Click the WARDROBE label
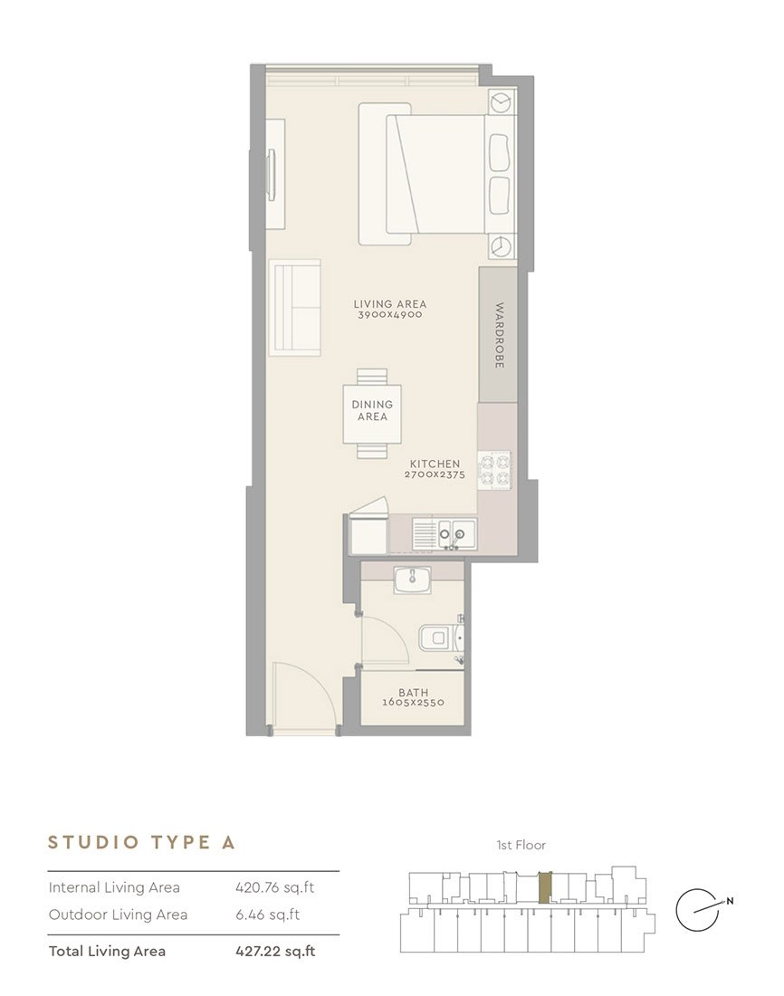point(500,335)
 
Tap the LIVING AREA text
point(390,304)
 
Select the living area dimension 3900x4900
point(390,314)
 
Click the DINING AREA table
point(372,414)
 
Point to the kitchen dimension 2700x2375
point(435,474)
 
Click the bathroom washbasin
point(412,580)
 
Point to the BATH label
point(414,693)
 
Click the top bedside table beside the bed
point(502,101)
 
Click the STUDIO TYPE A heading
point(141,842)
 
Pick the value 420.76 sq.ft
point(275,887)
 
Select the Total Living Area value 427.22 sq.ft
point(275,951)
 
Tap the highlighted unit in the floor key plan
point(545,887)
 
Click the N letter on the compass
point(730,901)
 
